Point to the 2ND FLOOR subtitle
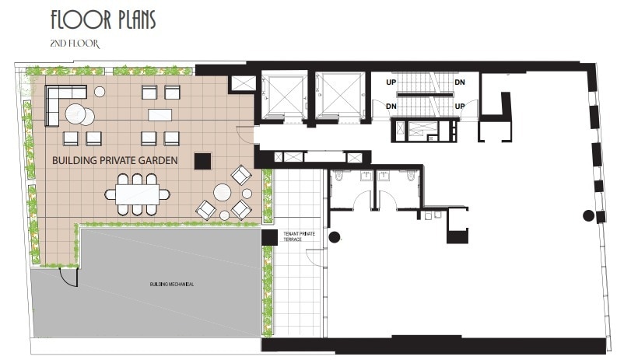74,44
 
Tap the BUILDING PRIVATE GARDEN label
115,160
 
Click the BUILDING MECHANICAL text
171,285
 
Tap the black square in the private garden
203,160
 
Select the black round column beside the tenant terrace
335,237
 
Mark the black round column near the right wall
589,216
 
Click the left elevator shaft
282,94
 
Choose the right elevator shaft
342,94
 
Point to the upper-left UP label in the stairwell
392,81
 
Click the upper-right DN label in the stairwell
460,81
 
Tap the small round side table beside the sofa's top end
100,91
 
